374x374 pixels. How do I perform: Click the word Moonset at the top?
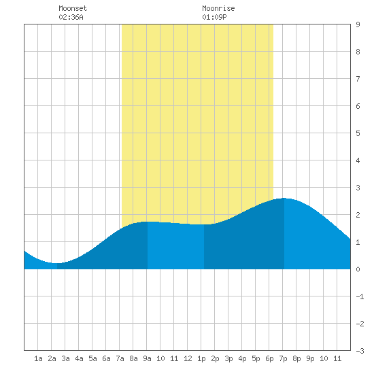[x=73, y=8]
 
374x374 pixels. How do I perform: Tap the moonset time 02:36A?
[x=71, y=17]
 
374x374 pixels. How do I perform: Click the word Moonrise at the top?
[x=218, y=8]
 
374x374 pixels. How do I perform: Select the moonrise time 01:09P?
[x=214, y=17]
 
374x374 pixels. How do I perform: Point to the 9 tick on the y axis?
[x=358, y=24]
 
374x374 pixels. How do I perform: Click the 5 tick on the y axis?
[x=358, y=133]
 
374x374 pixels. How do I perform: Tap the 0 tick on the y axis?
[x=358, y=269]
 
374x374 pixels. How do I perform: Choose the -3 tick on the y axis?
[x=360, y=351]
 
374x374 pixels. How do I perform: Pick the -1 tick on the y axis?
[x=360, y=296]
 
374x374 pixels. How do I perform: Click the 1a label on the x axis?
[x=38, y=358]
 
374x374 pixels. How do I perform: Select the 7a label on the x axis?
[x=120, y=358]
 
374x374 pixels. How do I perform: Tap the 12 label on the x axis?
[x=188, y=358]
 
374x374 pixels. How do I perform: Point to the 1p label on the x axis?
[x=201, y=358]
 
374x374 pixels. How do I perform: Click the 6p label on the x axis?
[x=269, y=358]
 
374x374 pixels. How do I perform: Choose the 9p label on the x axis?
[x=310, y=358]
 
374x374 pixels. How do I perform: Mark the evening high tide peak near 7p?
[x=284, y=198]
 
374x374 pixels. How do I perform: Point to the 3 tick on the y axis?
[x=358, y=188]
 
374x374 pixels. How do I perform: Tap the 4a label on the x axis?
[x=79, y=358]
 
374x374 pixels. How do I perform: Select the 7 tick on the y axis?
[x=358, y=79]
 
